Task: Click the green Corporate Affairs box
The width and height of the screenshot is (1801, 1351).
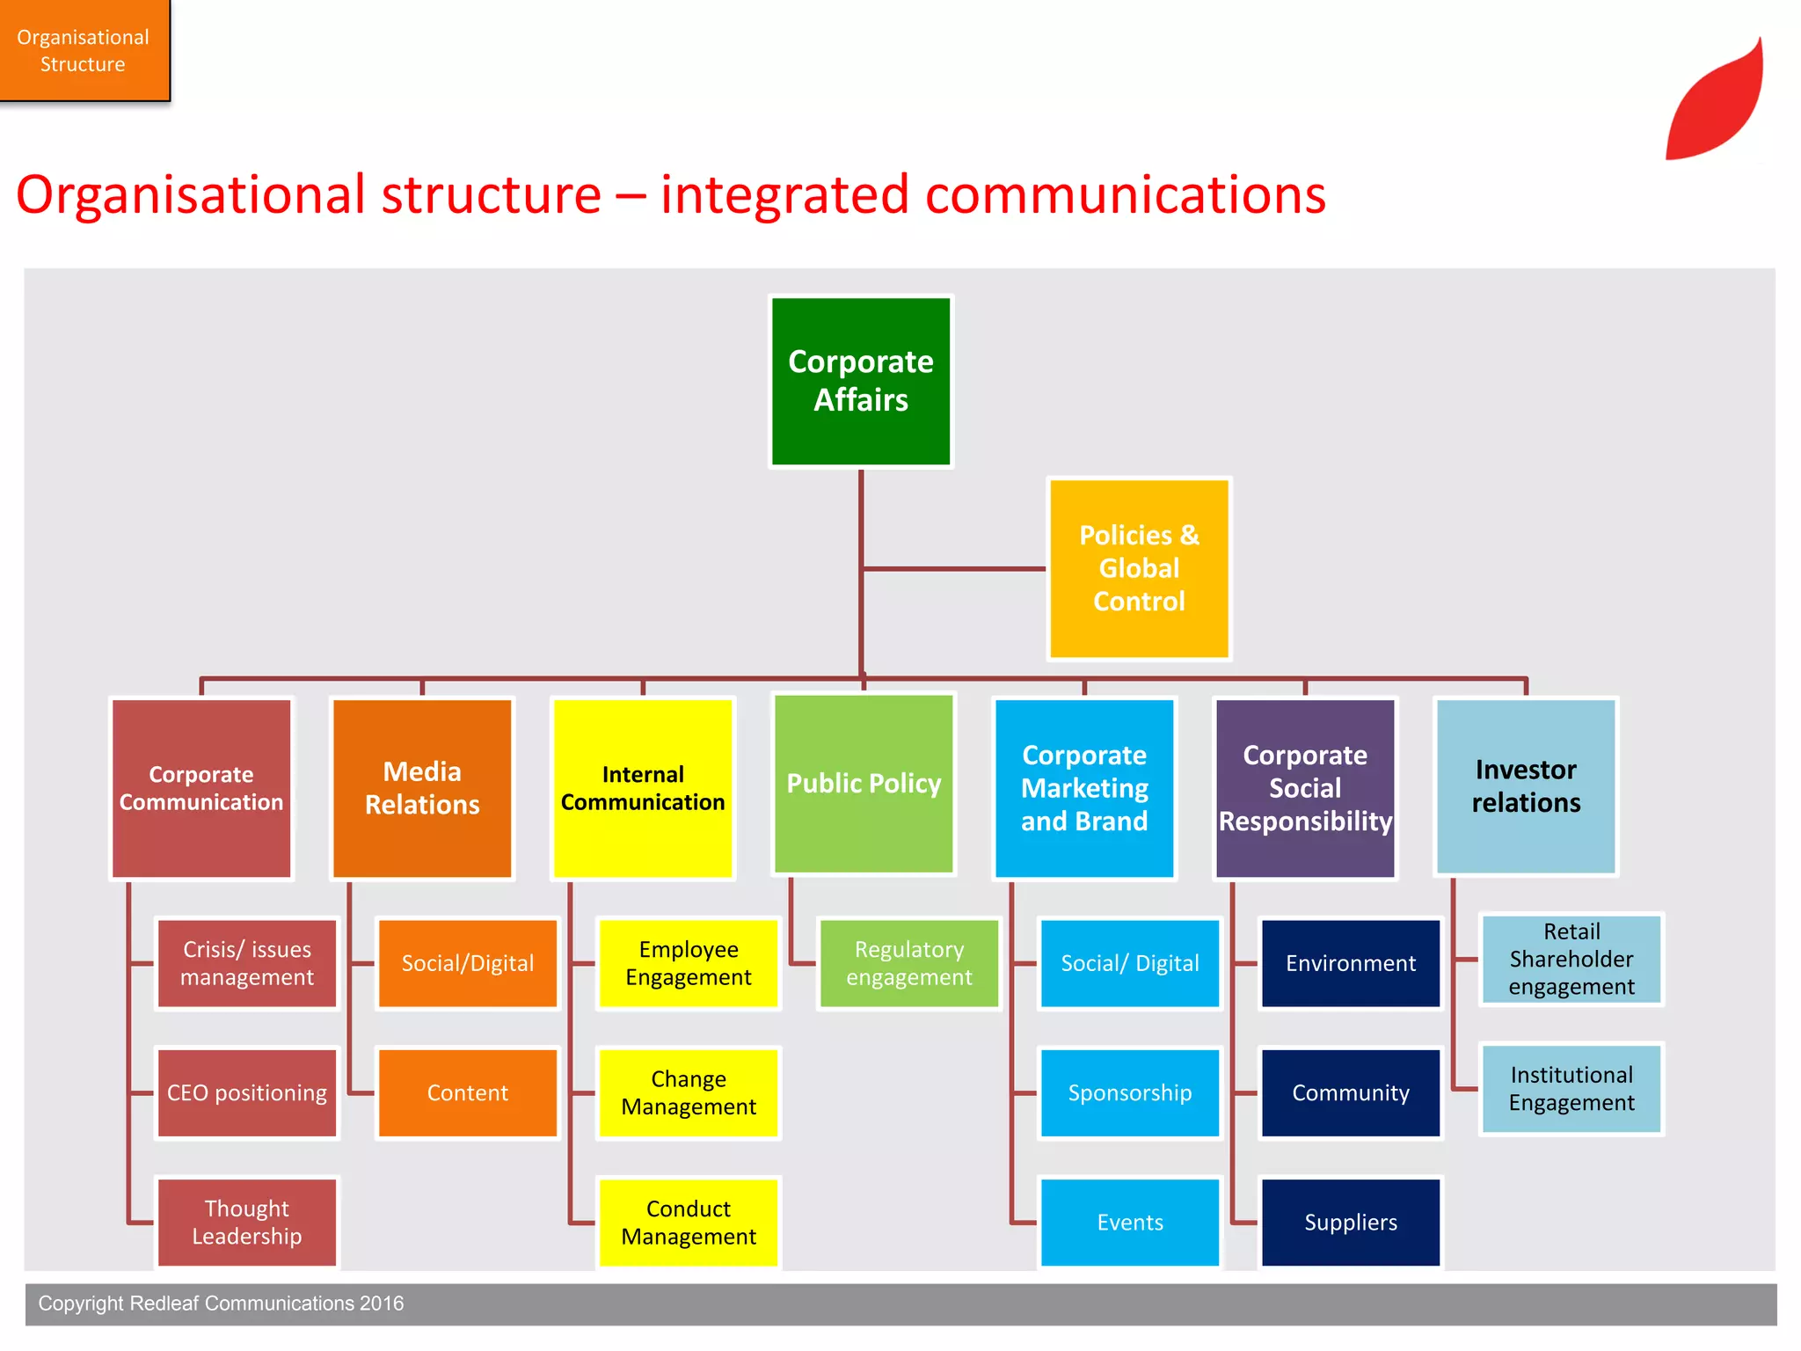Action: tap(860, 381)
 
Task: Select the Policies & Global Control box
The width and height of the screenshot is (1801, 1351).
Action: tap(1138, 568)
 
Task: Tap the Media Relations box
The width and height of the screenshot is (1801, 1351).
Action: tap(422, 788)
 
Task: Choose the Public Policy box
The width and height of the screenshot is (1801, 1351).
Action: tap(864, 783)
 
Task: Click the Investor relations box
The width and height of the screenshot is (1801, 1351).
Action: tap(1526, 785)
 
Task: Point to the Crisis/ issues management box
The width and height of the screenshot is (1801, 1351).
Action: tap(247, 963)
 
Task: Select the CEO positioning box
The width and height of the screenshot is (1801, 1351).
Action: tap(247, 1092)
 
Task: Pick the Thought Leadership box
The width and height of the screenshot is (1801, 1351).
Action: tap(247, 1222)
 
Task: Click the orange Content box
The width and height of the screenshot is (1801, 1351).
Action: tap(467, 1092)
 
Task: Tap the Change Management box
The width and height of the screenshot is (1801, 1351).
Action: tap(689, 1092)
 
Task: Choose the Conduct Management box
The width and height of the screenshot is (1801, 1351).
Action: tap(689, 1222)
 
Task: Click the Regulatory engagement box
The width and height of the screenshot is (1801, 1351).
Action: tap(908, 963)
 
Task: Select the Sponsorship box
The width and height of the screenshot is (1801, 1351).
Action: tap(1129, 1092)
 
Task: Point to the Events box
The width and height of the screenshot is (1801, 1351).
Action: tap(1129, 1222)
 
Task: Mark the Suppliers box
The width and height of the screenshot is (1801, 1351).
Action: tap(1350, 1222)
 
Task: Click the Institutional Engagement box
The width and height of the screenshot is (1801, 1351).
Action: tap(1571, 1089)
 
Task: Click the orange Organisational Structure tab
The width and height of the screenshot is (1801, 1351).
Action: tap(84, 50)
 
